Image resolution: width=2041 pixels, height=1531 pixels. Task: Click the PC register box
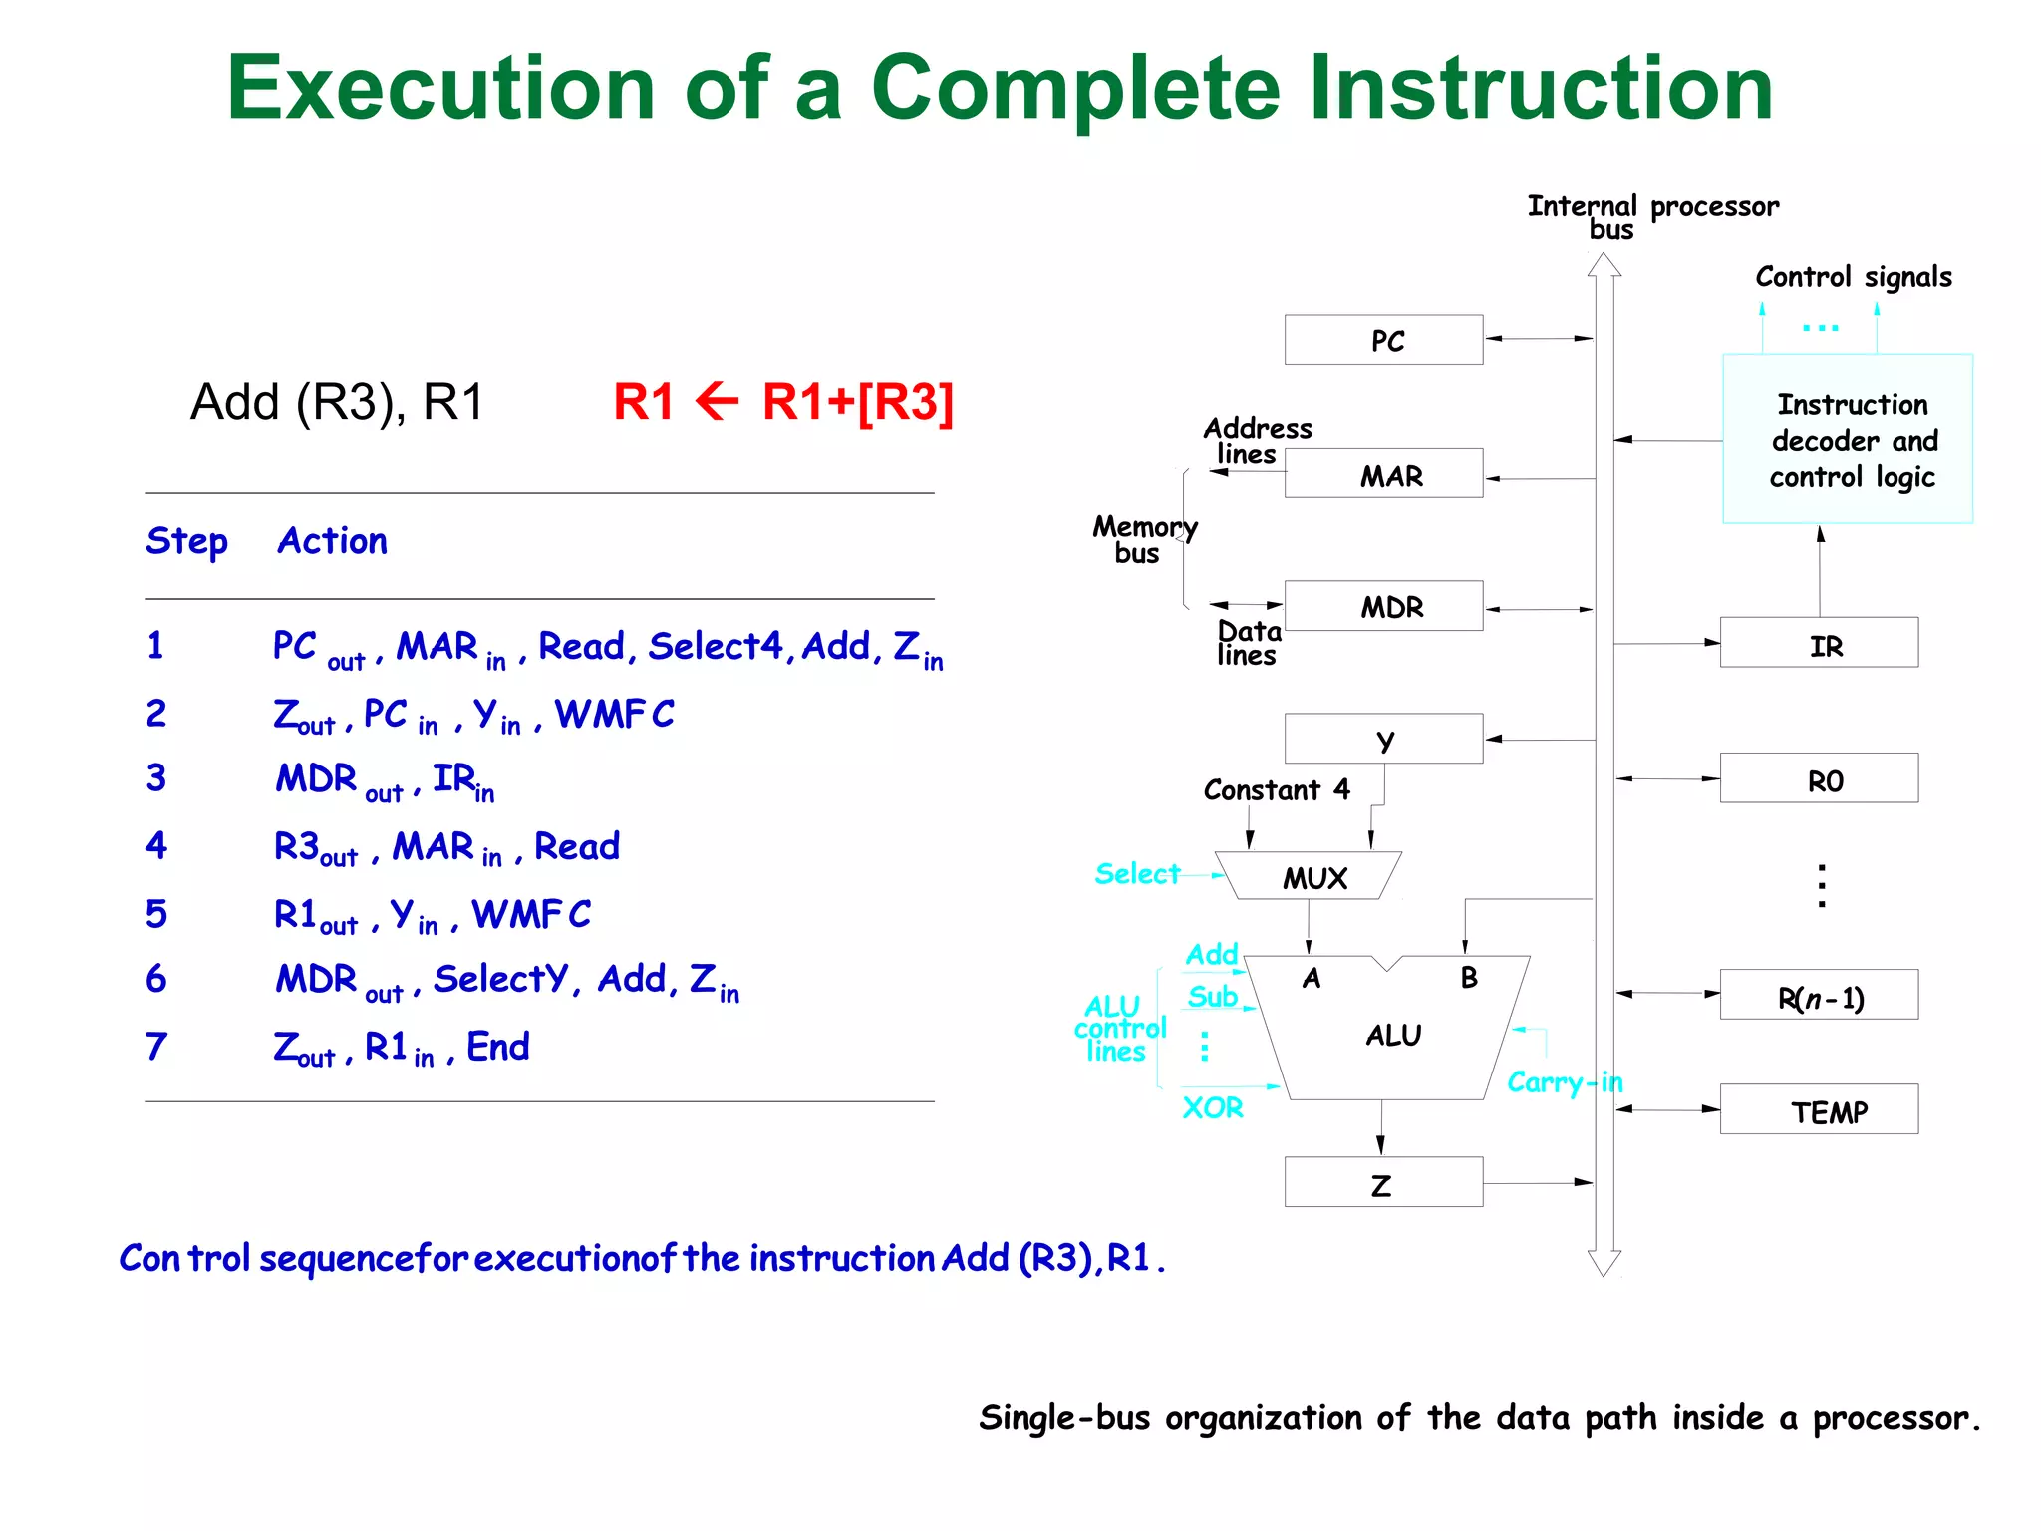(x=1383, y=340)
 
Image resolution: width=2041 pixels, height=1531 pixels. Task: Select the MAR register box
(x=1383, y=473)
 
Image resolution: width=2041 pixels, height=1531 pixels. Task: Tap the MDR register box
(x=1383, y=606)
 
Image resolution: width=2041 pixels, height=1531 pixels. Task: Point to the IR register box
(x=1819, y=643)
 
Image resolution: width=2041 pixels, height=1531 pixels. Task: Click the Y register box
(x=1383, y=739)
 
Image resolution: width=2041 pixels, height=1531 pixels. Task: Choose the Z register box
(x=1383, y=1182)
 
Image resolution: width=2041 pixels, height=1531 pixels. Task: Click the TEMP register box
(x=1819, y=1109)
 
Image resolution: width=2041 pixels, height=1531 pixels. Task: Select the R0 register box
(x=1819, y=778)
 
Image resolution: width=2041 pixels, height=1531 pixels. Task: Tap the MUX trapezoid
(x=1311, y=876)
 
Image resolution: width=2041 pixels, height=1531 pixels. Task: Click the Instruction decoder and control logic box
(x=1848, y=440)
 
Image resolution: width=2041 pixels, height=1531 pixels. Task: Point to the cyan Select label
(x=1136, y=874)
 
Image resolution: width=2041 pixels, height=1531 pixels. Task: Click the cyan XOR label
(x=1212, y=1107)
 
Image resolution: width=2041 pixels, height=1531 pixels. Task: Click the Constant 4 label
(x=1276, y=790)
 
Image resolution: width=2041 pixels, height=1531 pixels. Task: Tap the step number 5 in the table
(x=156, y=914)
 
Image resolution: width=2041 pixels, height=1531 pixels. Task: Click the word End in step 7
(x=497, y=1047)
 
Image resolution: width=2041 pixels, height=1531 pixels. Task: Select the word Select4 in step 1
(x=715, y=646)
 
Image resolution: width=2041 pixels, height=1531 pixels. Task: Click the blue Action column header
(x=332, y=541)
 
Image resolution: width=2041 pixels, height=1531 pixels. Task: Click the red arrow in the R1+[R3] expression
(x=717, y=403)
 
